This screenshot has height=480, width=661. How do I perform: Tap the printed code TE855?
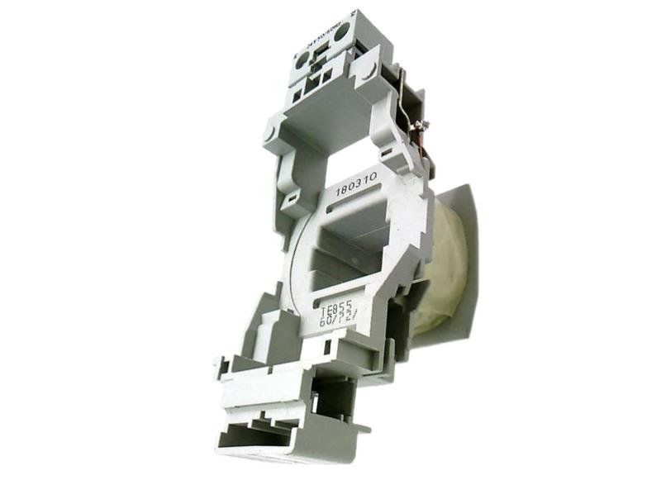coord(335,307)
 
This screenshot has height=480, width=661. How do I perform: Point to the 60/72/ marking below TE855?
coord(336,320)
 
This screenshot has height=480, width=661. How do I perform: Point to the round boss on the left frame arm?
coord(270,131)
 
